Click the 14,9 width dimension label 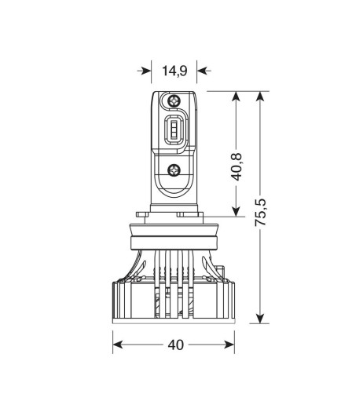[174, 71]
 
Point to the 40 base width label [174, 344]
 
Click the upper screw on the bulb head [174, 101]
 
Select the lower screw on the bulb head [174, 168]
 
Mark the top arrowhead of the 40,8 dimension [236, 96]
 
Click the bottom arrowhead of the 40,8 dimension [236, 210]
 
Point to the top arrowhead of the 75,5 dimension [261, 96]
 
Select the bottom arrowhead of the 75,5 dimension [261, 319]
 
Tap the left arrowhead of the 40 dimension [118, 344]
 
